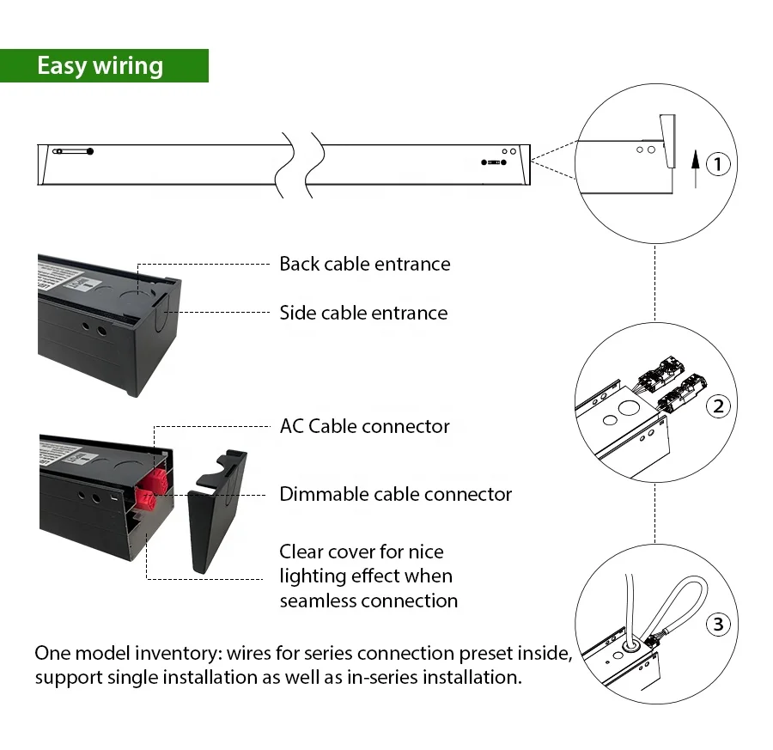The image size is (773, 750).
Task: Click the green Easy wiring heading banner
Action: tap(104, 66)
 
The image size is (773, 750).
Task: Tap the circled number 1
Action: tap(718, 163)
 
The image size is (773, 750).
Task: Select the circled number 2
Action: tap(719, 405)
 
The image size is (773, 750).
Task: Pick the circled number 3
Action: tap(719, 624)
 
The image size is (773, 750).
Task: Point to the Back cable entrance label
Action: tap(364, 264)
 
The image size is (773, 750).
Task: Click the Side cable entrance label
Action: tap(363, 313)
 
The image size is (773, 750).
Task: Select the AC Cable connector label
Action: tap(364, 426)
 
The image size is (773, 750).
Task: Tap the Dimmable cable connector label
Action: tap(395, 494)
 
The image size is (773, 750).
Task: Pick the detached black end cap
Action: tap(216, 515)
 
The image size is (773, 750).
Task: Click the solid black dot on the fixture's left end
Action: tap(90, 151)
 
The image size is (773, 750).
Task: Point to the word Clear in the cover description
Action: tap(302, 552)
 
